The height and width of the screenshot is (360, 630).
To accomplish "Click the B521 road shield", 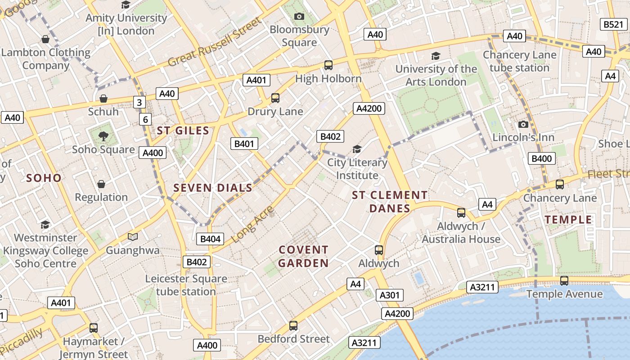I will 613,24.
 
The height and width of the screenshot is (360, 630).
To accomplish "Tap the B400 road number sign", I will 541,158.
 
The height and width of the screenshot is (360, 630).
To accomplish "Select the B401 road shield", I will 244,144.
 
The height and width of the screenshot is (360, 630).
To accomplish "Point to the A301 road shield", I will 389,295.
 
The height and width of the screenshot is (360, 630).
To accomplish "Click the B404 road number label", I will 210,239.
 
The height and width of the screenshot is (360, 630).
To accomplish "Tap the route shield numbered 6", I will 145,119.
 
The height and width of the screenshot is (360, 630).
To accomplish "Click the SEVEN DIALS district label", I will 213,188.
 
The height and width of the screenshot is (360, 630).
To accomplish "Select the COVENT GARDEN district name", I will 303,256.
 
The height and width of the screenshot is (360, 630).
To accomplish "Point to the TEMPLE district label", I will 569,220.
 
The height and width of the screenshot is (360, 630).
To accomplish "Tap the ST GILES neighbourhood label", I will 183,131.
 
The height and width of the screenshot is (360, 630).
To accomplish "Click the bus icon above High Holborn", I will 328,65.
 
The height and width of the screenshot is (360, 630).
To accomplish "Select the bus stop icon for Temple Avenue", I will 564,281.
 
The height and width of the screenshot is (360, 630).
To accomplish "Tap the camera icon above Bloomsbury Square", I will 299,17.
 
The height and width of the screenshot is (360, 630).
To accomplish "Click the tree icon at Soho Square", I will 103,136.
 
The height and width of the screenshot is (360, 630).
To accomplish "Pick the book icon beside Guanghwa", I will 133,237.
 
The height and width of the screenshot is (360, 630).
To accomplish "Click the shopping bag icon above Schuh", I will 103,98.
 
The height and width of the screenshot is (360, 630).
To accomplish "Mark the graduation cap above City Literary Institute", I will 357,149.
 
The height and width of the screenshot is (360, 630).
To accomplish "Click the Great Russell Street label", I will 214,42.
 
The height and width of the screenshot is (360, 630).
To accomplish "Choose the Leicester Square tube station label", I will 186,285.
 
